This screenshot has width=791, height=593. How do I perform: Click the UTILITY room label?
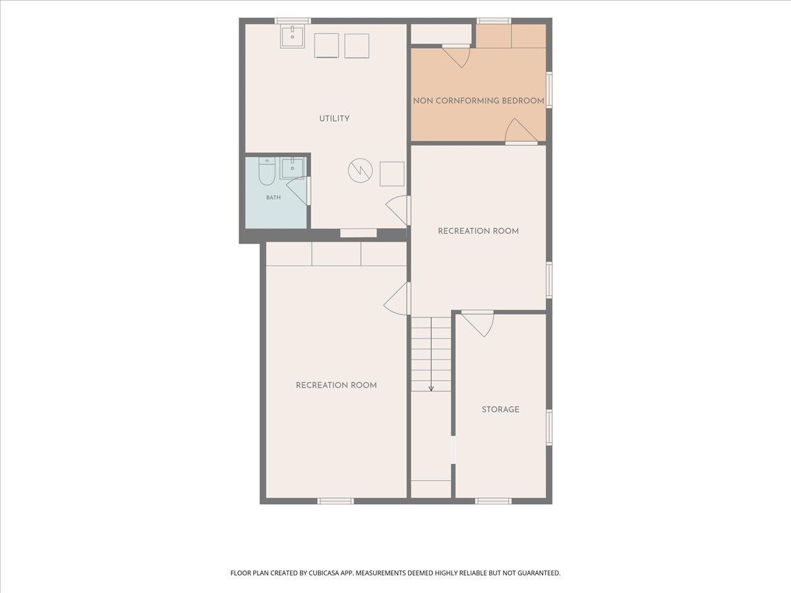(334, 119)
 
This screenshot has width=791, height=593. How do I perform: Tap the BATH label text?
(273, 197)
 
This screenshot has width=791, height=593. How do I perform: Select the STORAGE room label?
(500, 409)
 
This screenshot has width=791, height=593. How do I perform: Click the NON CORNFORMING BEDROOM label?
(479, 101)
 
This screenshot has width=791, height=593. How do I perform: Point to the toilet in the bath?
(267, 171)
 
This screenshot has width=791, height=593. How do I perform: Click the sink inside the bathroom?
(293, 168)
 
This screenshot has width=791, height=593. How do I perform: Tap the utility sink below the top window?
(292, 36)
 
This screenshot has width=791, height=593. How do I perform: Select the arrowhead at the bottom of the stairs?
(431, 389)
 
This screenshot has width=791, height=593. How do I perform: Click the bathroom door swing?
(298, 191)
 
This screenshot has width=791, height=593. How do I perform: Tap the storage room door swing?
(478, 324)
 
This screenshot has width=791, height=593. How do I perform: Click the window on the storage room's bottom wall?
(493, 501)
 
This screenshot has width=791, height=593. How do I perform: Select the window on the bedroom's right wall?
(549, 90)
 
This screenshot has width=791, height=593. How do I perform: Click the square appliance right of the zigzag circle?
(392, 174)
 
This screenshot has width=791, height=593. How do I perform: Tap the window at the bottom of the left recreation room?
(336, 501)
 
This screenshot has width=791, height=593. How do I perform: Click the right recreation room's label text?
(478, 231)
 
